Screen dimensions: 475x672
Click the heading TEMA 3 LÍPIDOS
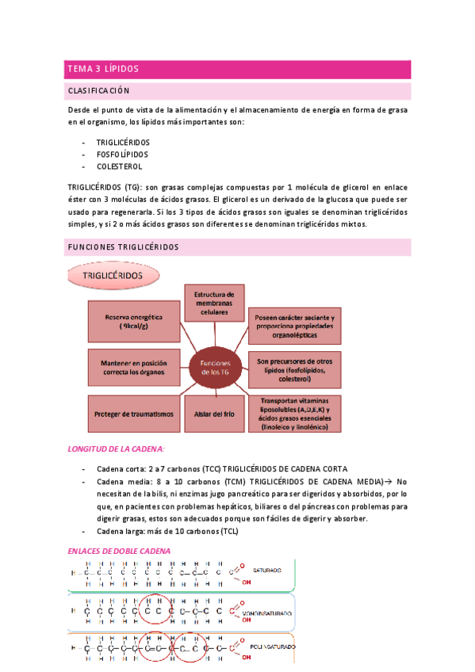point(103,69)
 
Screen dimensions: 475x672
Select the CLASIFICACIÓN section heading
point(99,91)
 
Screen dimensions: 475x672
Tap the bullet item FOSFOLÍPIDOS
point(122,155)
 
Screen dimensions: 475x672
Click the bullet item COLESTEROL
point(119,167)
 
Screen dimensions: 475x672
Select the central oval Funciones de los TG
point(213,368)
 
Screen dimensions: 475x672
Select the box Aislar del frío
point(212,414)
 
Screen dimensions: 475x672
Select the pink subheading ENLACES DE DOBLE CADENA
point(120,551)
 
